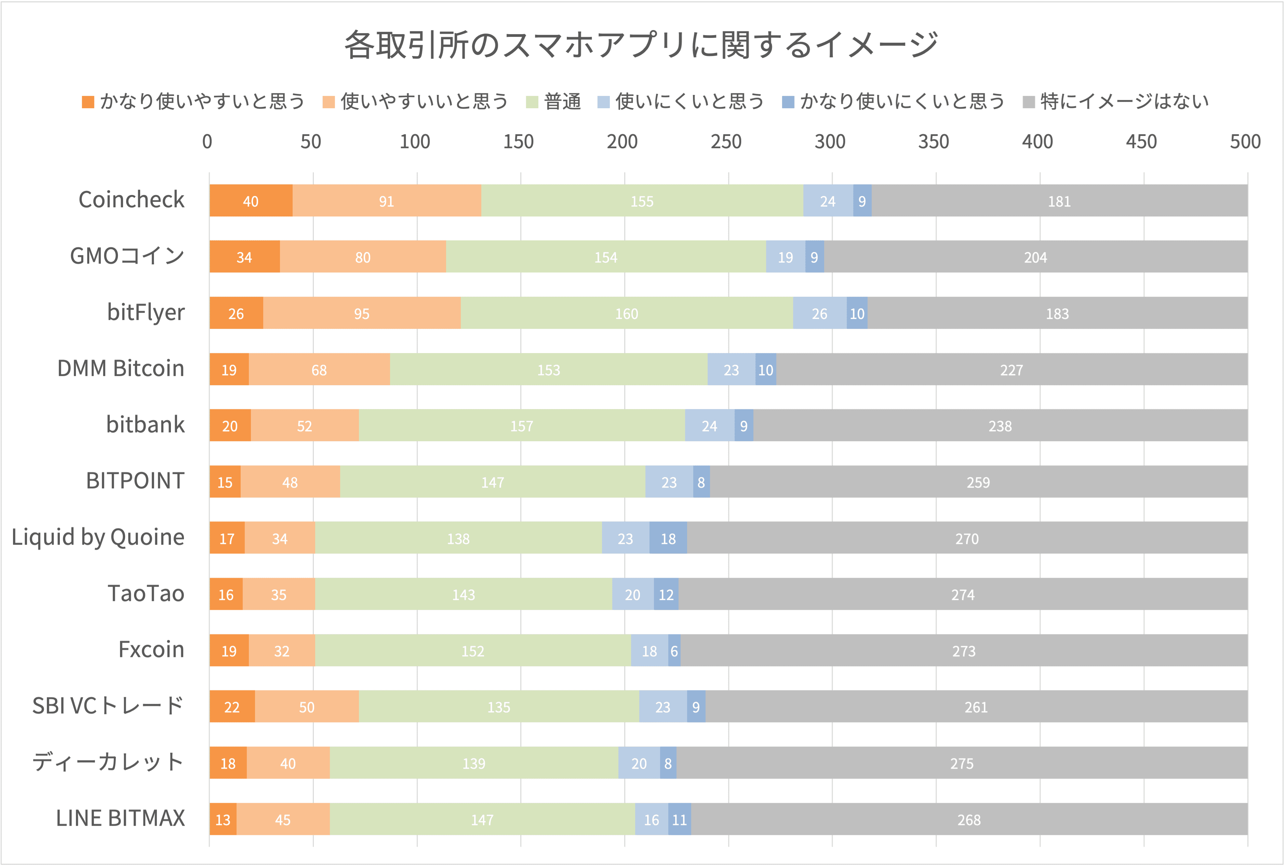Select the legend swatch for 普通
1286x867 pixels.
click(x=532, y=102)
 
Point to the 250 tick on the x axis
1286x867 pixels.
click(x=726, y=142)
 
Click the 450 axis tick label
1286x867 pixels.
click(x=1141, y=142)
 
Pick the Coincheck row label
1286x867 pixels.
click(x=131, y=200)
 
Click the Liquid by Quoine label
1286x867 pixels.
click(x=98, y=537)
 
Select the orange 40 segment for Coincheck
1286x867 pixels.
click(x=251, y=201)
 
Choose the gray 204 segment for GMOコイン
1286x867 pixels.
click(x=1035, y=257)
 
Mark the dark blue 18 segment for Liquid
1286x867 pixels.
click(x=668, y=538)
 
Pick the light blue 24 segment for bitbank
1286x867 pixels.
click(x=709, y=426)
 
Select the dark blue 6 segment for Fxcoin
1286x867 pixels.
click(x=674, y=651)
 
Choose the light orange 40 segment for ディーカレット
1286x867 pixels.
click(x=288, y=763)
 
